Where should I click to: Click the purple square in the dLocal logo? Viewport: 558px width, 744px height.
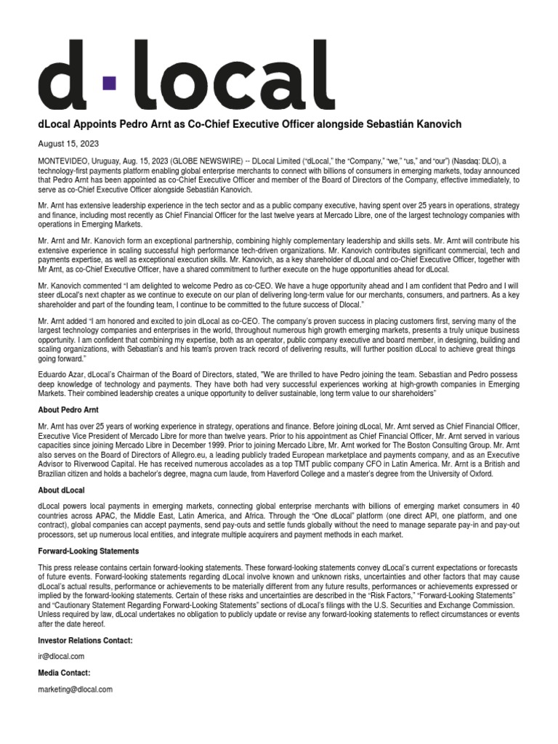coord(108,83)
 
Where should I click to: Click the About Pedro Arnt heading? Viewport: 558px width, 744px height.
coord(68,410)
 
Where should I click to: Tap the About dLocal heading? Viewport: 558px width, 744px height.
coord(62,491)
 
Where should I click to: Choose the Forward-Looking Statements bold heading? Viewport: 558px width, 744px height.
coord(88,551)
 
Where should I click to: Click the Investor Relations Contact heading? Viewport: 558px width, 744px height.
coord(85,640)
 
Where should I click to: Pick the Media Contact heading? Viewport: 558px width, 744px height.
coord(64,674)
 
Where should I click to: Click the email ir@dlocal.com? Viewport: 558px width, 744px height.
coord(61,656)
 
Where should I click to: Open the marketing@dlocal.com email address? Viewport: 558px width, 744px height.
coord(75,689)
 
